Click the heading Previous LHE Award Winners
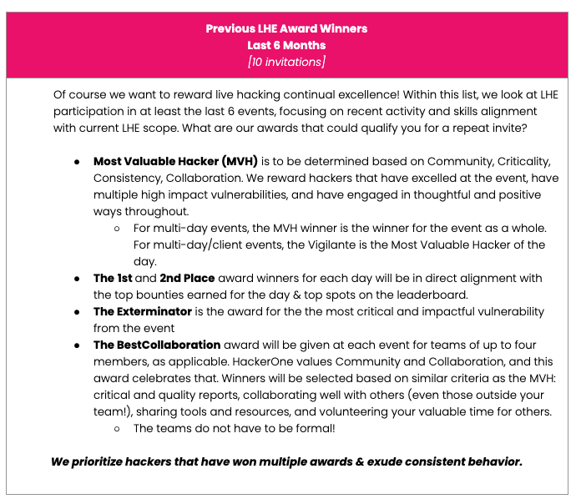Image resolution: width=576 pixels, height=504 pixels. coord(286,28)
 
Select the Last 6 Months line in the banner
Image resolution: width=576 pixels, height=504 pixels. coord(286,45)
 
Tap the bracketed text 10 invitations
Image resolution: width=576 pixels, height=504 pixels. coord(286,62)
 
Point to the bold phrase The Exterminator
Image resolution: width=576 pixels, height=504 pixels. coord(143,311)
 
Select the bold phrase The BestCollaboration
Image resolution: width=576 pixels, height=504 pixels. coord(157,345)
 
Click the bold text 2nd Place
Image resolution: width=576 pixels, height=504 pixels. coord(187,278)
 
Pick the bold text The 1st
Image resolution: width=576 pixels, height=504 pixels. coord(112,278)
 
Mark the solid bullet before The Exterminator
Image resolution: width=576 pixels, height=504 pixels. coord(77,311)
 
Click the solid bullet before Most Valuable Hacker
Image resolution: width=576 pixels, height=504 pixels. coord(77,161)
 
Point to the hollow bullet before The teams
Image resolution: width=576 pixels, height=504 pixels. coord(117,428)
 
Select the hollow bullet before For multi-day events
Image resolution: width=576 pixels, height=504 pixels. coord(117,228)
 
